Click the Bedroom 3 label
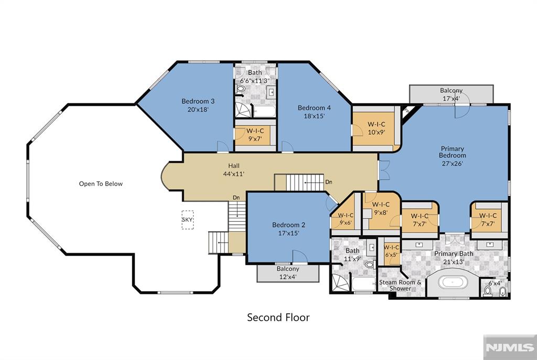click(198, 101)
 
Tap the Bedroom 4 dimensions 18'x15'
click(314, 116)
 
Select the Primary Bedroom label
click(452, 152)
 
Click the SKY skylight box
click(187, 220)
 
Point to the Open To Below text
click(101, 184)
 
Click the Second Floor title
click(278, 317)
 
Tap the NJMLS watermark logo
click(510, 347)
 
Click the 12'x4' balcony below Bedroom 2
click(288, 272)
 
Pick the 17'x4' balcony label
click(451, 94)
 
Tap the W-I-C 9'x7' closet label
click(255, 135)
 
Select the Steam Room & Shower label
click(400, 286)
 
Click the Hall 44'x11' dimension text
click(233, 174)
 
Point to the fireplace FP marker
click(406, 111)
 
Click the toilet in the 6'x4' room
click(488, 291)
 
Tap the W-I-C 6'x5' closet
click(391, 251)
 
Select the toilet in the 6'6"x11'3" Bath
click(240, 89)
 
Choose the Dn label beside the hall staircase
click(329, 182)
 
